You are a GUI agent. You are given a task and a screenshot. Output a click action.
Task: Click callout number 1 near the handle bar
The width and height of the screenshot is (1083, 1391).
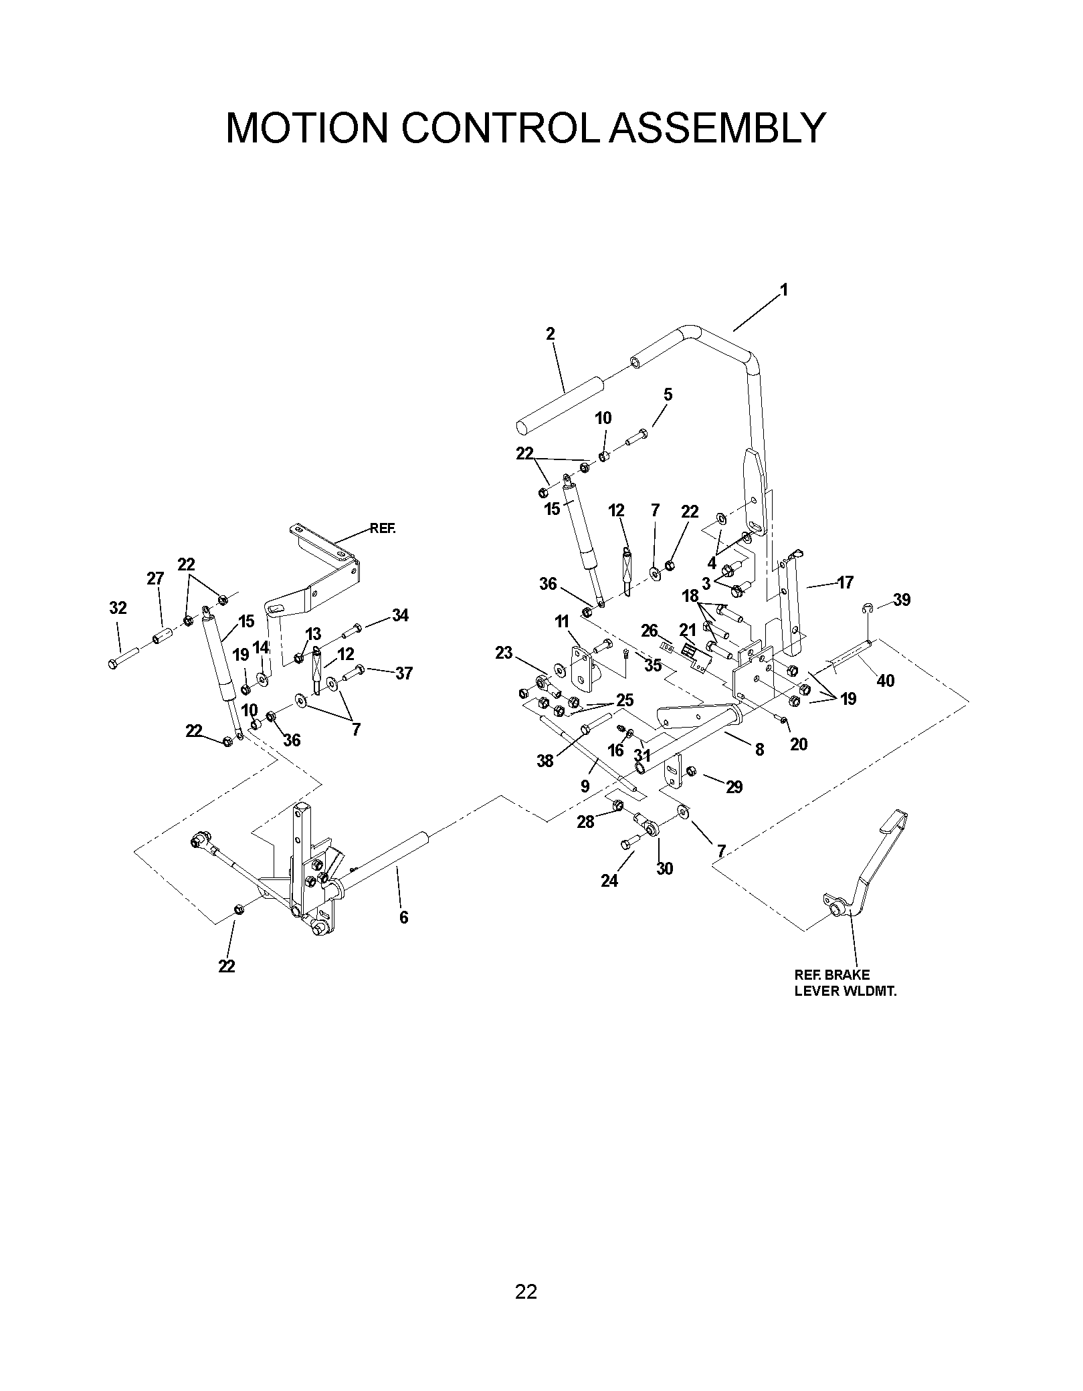point(783,290)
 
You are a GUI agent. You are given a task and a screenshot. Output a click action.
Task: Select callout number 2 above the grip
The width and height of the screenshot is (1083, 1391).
point(550,334)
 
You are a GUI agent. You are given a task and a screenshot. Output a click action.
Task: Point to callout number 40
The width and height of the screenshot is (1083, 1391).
point(885,680)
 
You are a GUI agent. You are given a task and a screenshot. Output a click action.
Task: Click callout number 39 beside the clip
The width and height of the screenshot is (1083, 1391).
point(902,600)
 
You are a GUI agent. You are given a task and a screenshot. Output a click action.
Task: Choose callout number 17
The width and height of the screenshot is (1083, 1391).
point(845,582)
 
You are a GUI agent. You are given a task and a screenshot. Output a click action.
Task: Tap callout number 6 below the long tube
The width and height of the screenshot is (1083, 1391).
point(403,917)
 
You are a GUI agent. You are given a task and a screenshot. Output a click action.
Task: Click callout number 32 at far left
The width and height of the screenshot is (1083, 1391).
point(118,608)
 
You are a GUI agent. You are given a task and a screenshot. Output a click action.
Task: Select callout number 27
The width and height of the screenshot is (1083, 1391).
point(155,578)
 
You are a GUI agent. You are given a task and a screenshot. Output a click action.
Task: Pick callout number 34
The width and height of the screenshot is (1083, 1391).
point(400,615)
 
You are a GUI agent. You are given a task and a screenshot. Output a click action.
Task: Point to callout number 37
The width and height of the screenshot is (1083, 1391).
point(403,673)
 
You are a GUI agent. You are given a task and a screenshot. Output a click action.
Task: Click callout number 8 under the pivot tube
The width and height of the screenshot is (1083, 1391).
point(759,750)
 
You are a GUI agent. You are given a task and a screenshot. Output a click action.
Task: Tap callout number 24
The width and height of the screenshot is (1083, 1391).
point(609,881)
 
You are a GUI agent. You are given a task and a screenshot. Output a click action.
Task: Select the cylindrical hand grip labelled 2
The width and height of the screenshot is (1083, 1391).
point(560,405)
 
